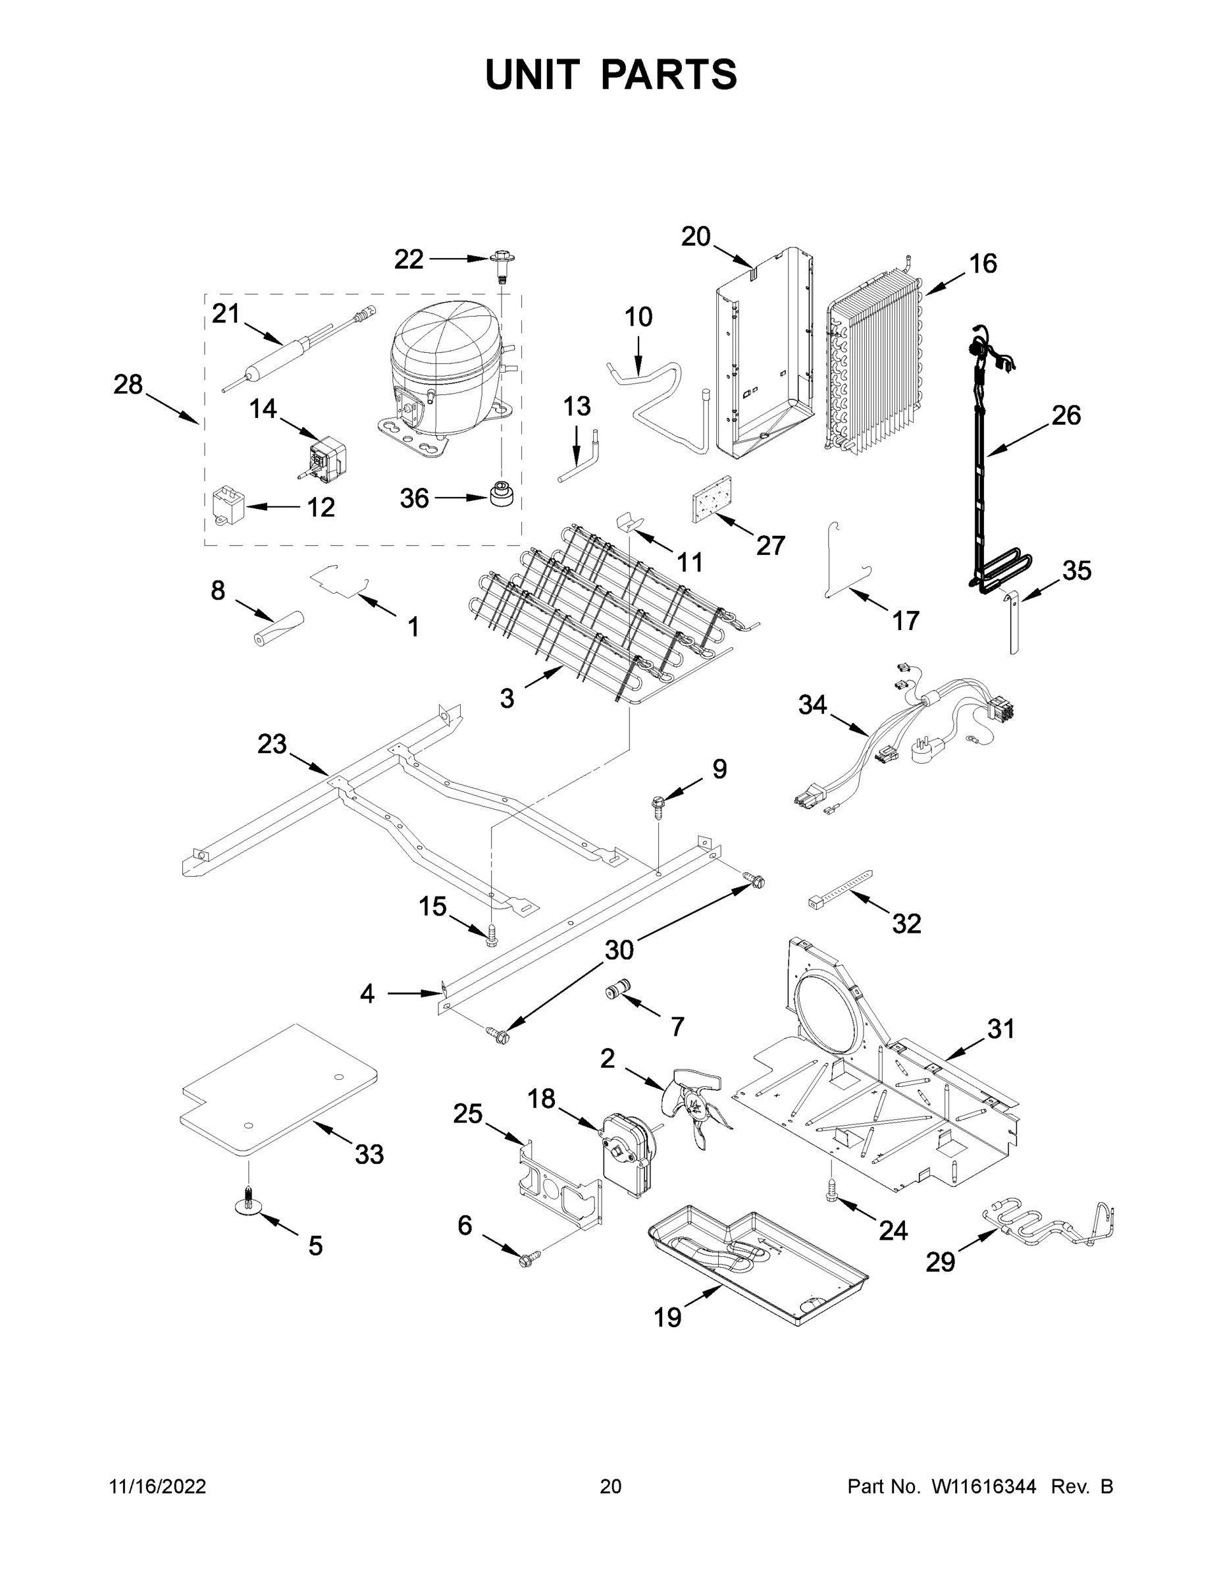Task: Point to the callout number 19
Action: coord(667,1317)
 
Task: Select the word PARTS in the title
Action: coord(669,75)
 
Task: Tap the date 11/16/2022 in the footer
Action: coord(158,1486)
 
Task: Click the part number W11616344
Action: coord(984,1486)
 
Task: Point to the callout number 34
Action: coord(812,704)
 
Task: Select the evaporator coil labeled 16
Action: coord(875,365)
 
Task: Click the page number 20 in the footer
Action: coord(611,1486)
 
